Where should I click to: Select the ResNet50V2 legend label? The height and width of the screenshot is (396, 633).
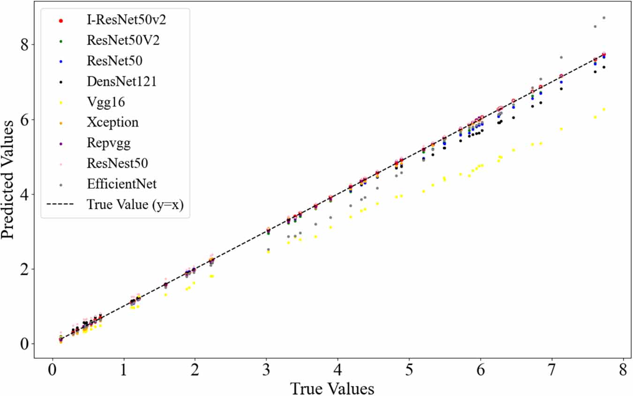(x=123, y=40)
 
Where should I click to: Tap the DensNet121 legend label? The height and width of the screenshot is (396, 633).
(x=121, y=81)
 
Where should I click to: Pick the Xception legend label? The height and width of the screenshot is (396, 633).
(x=113, y=123)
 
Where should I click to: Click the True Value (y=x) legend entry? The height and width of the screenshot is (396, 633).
(x=138, y=205)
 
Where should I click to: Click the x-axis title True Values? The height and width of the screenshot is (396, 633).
(x=332, y=388)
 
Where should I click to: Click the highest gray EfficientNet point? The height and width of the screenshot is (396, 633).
(x=604, y=18)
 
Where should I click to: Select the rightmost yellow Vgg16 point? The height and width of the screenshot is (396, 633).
(x=604, y=109)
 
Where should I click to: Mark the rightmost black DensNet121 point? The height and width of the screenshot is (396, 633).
(x=604, y=67)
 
